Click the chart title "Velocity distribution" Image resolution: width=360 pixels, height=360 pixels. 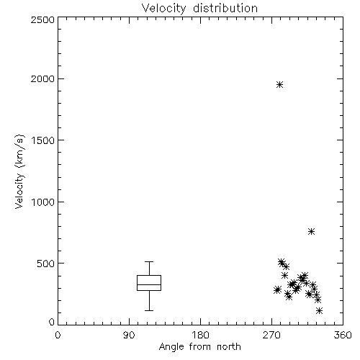[199, 9]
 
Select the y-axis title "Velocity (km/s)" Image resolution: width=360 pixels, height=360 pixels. [19, 171]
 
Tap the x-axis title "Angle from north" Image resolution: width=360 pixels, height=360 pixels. [199, 347]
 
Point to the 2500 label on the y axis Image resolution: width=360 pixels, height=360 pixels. [42, 19]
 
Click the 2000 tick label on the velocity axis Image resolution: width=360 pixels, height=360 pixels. [42, 78]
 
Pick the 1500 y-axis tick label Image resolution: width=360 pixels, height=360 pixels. [43, 140]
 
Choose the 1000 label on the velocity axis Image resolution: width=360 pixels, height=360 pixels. [43, 202]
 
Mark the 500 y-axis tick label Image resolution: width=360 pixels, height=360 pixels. [46, 264]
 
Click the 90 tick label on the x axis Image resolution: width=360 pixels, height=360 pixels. [129, 335]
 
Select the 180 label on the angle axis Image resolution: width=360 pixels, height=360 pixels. [200, 335]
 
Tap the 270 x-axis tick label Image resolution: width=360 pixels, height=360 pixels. [271, 335]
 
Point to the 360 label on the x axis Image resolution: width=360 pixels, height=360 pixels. [343, 335]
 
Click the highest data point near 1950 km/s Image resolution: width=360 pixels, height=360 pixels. [279, 85]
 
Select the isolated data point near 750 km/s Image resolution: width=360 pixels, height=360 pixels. [311, 232]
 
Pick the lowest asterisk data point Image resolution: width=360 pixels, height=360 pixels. [319, 311]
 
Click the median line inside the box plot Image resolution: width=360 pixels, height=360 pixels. [149, 284]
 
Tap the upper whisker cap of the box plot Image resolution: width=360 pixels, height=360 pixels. [149, 261]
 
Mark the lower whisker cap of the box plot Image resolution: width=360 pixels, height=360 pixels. [149, 310]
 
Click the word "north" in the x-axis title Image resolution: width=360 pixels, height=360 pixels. [229, 347]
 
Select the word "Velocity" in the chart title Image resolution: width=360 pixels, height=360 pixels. [163, 9]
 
